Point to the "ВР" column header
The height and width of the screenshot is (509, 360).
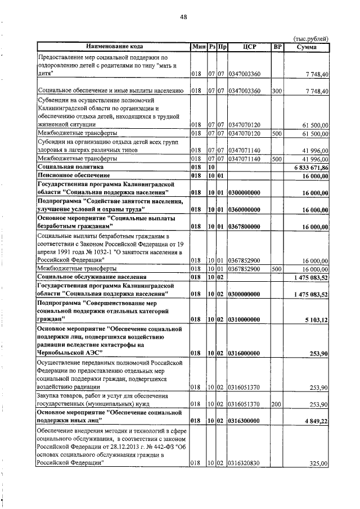coord(277,47)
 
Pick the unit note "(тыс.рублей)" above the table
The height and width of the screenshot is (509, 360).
coord(310,38)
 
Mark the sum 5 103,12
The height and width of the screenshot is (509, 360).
coord(315,319)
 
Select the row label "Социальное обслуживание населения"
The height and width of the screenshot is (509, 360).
coord(91,277)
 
